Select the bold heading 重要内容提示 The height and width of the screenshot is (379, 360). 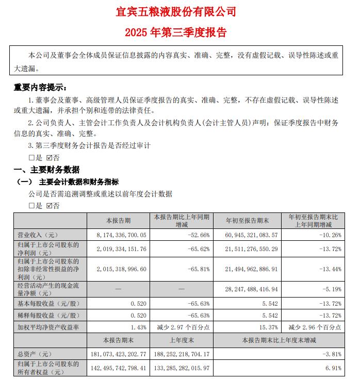(40, 88)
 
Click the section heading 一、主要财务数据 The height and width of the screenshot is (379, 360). (46, 170)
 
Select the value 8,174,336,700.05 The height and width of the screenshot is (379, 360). (119, 235)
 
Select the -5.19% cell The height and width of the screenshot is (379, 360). (331, 289)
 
